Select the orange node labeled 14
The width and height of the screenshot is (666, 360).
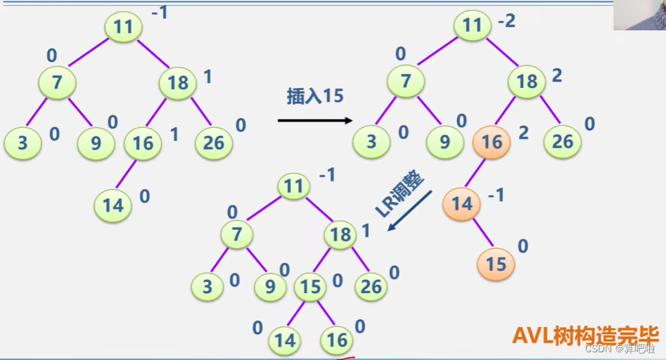[461, 203]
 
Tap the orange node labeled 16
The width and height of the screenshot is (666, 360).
[492, 142]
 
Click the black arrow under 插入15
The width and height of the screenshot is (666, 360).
[314, 120]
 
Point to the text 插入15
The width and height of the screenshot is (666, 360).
[314, 96]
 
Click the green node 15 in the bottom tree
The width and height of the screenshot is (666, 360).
[311, 287]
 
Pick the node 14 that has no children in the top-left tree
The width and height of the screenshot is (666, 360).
[113, 205]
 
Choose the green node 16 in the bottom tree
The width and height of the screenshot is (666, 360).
[337, 340]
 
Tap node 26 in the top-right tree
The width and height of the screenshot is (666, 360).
[562, 141]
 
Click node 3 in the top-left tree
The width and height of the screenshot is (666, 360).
[23, 143]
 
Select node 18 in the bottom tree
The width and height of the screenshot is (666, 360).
[341, 234]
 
